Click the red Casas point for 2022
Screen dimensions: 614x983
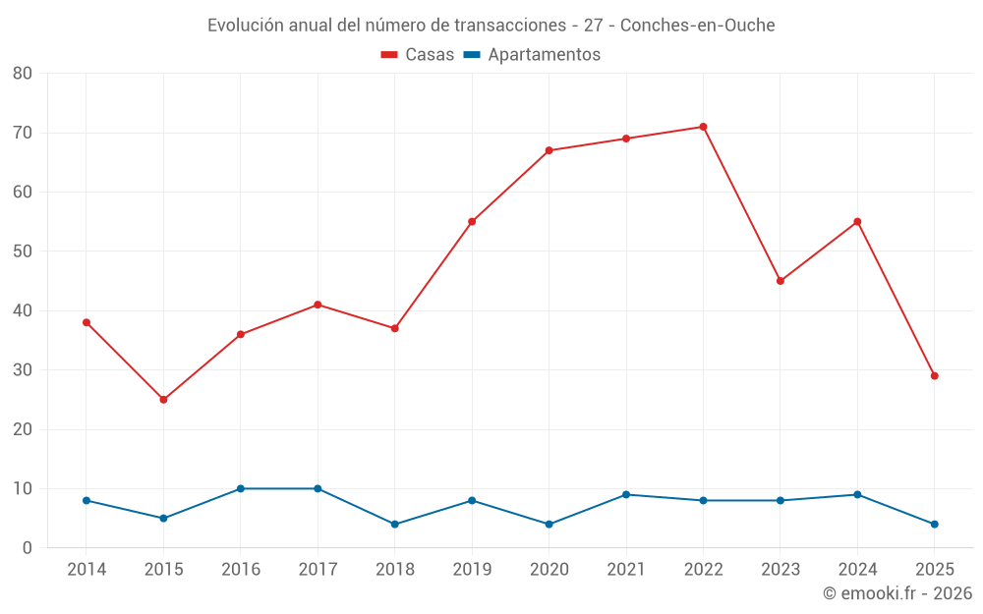coord(703,127)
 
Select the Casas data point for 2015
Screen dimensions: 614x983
coord(163,400)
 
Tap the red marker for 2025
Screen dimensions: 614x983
coord(934,376)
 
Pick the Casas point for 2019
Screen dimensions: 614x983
coord(472,222)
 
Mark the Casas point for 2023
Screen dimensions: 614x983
coord(781,281)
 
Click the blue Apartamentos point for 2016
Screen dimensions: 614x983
coord(241,488)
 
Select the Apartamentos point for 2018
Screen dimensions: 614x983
coord(395,525)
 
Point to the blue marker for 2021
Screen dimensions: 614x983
coord(626,494)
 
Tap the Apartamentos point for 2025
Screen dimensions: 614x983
coord(934,525)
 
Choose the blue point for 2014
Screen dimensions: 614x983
coord(87,500)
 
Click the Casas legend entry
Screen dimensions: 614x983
coord(418,55)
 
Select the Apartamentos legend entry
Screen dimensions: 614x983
coord(532,55)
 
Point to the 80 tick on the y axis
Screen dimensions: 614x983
coord(23,74)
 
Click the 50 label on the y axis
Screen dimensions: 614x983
coord(23,251)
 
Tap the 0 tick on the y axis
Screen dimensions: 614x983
coord(28,548)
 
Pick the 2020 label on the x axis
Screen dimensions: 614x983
coord(549,570)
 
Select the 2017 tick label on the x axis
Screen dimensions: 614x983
coord(318,570)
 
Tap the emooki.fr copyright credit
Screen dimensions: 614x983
coord(897,593)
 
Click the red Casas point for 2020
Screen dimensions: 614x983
coord(549,150)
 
